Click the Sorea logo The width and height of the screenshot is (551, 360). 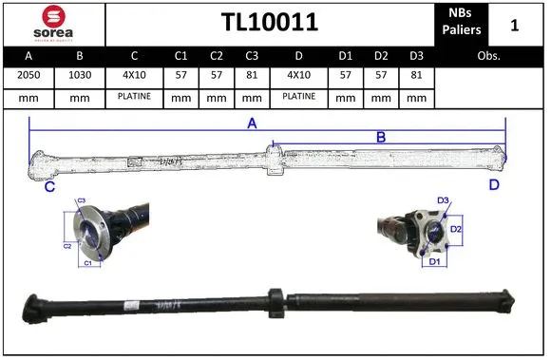(52, 24)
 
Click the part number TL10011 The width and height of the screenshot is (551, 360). (269, 23)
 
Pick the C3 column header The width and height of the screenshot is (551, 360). (252, 55)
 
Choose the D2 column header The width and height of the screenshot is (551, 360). (380, 55)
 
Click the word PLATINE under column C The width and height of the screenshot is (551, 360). (134, 96)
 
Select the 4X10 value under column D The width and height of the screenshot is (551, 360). (298, 75)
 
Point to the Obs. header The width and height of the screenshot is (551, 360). (489, 55)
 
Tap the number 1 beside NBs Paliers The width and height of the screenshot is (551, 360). (514, 25)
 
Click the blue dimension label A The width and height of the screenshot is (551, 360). (253, 123)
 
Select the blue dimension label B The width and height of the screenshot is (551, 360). (381, 137)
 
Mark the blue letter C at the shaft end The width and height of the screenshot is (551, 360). (48, 187)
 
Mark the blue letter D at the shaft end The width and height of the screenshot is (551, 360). (494, 184)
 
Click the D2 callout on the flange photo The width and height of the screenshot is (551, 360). (455, 229)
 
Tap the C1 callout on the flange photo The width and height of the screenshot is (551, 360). (87, 261)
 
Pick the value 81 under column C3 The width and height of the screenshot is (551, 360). (252, 75)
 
